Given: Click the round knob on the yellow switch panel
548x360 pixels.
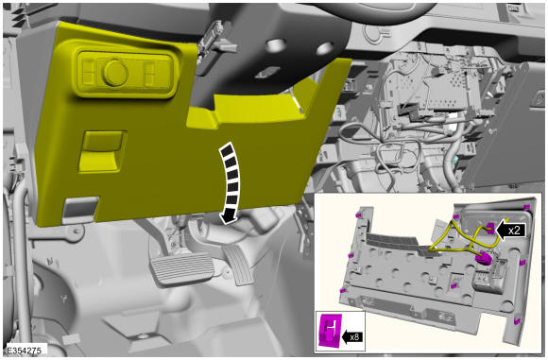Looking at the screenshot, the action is tap(115, 73).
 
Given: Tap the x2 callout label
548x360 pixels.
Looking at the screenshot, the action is tap(514, 231).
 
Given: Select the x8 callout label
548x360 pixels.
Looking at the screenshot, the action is tap(354, 337).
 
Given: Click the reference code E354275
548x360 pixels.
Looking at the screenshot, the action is tap(24, 351).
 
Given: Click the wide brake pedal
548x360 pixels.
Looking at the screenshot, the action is tap(180, 269).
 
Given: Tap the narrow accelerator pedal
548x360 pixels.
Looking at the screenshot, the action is tap(239, 265).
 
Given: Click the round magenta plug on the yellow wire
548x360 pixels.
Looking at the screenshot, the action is tap(483, 259).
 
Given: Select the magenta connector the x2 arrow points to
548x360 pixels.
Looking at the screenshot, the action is tap(490, 229).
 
